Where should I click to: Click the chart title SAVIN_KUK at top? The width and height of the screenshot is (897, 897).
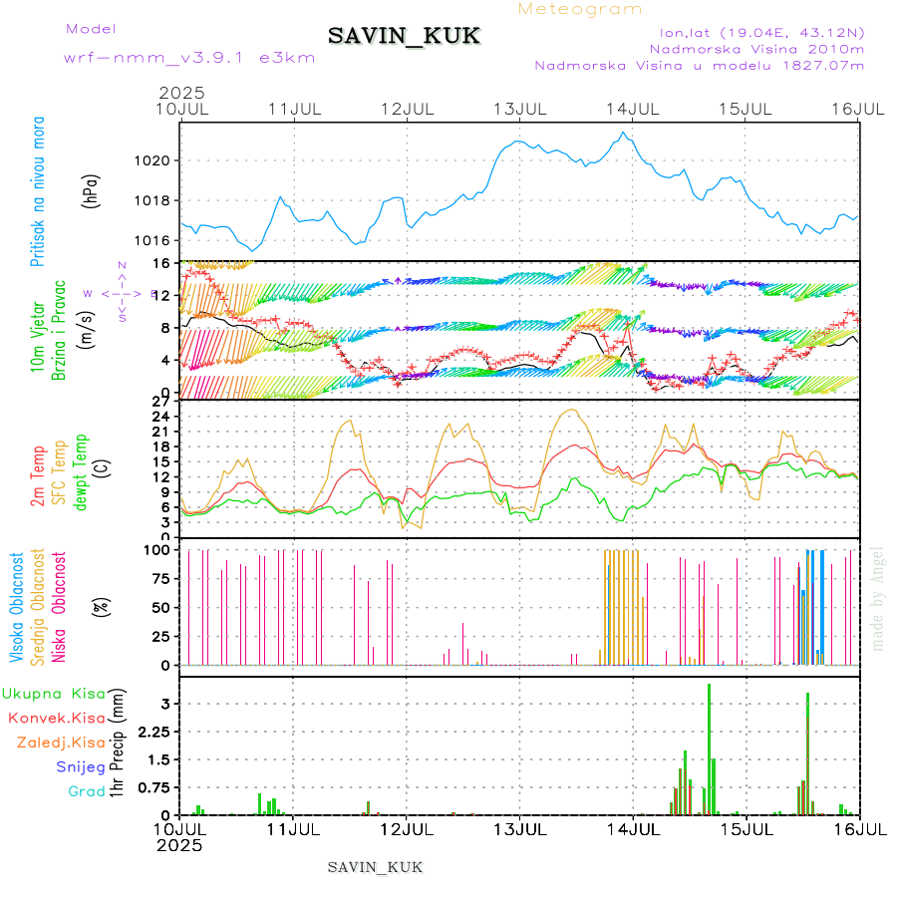(404, 37)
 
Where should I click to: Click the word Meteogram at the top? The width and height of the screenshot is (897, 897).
(580, 9)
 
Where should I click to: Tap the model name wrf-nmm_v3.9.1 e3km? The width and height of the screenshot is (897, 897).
(189, 58)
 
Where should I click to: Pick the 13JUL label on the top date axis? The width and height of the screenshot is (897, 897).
(520, 108)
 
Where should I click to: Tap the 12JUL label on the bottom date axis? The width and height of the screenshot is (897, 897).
(408, 829)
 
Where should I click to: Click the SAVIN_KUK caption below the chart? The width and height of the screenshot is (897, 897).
(375, 867)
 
